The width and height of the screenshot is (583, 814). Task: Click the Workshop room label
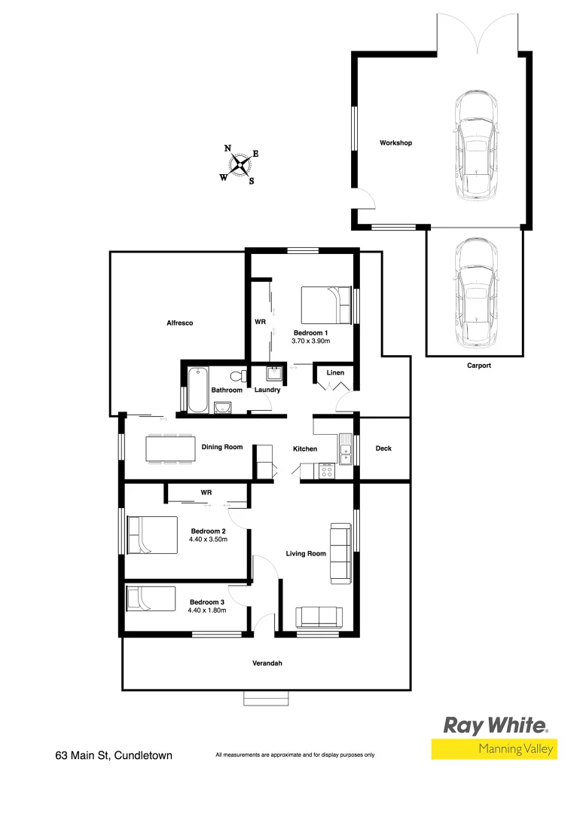coord(395,143)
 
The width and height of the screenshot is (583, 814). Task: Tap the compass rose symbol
coord(240,165)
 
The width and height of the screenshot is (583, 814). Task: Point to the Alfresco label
coord(180,323)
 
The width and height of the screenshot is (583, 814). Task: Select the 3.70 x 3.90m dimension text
coord(311,341)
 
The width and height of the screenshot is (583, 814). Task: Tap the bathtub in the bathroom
coord(198,389)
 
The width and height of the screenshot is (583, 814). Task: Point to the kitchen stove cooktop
coord(327,472)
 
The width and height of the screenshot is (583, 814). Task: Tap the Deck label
coord(383,448)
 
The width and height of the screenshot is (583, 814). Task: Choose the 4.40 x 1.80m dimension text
coord(207,611)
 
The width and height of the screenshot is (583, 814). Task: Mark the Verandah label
coord(267,664)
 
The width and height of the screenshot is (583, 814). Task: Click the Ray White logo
coord(494,726)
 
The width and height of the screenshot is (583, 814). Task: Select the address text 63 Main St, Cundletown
coord(114,754)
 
